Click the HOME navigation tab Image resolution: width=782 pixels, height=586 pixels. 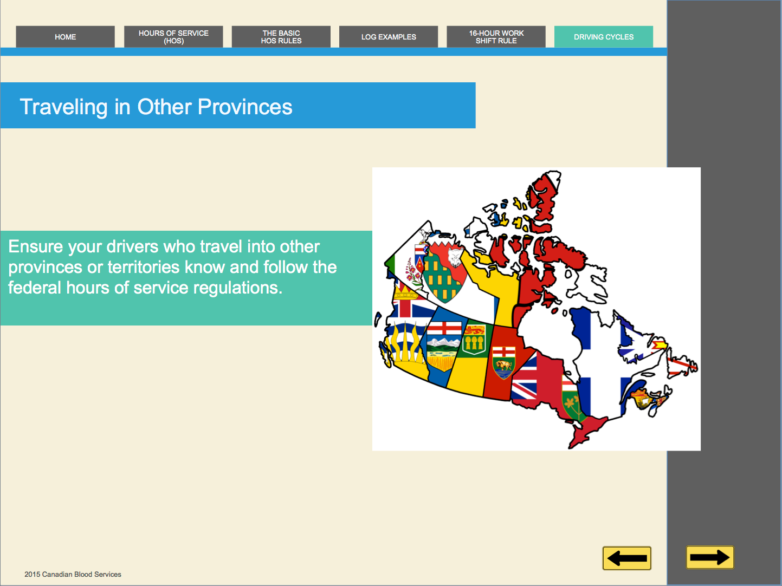click(65, 37)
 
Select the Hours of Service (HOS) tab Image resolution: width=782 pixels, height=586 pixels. click(173, 37)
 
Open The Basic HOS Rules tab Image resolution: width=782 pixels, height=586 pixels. click(281, 37)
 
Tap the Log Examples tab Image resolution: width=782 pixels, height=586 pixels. click(389, 37)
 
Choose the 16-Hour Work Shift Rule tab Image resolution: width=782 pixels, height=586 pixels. click(496, 37)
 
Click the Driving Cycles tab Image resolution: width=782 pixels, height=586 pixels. click(604, 37)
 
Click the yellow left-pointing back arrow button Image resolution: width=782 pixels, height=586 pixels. click(626, 558)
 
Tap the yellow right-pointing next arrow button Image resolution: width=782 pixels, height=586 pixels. click(710, 557)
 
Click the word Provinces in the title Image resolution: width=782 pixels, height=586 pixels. click(245, 107)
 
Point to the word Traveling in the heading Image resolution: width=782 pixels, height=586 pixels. click(63, 108)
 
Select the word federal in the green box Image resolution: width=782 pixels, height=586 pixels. click(34, 288)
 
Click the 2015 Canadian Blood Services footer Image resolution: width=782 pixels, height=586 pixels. click(73, 574)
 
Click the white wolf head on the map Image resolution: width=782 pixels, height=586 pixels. click(455, 257)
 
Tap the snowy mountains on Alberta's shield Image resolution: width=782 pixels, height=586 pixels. click(443, 343)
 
